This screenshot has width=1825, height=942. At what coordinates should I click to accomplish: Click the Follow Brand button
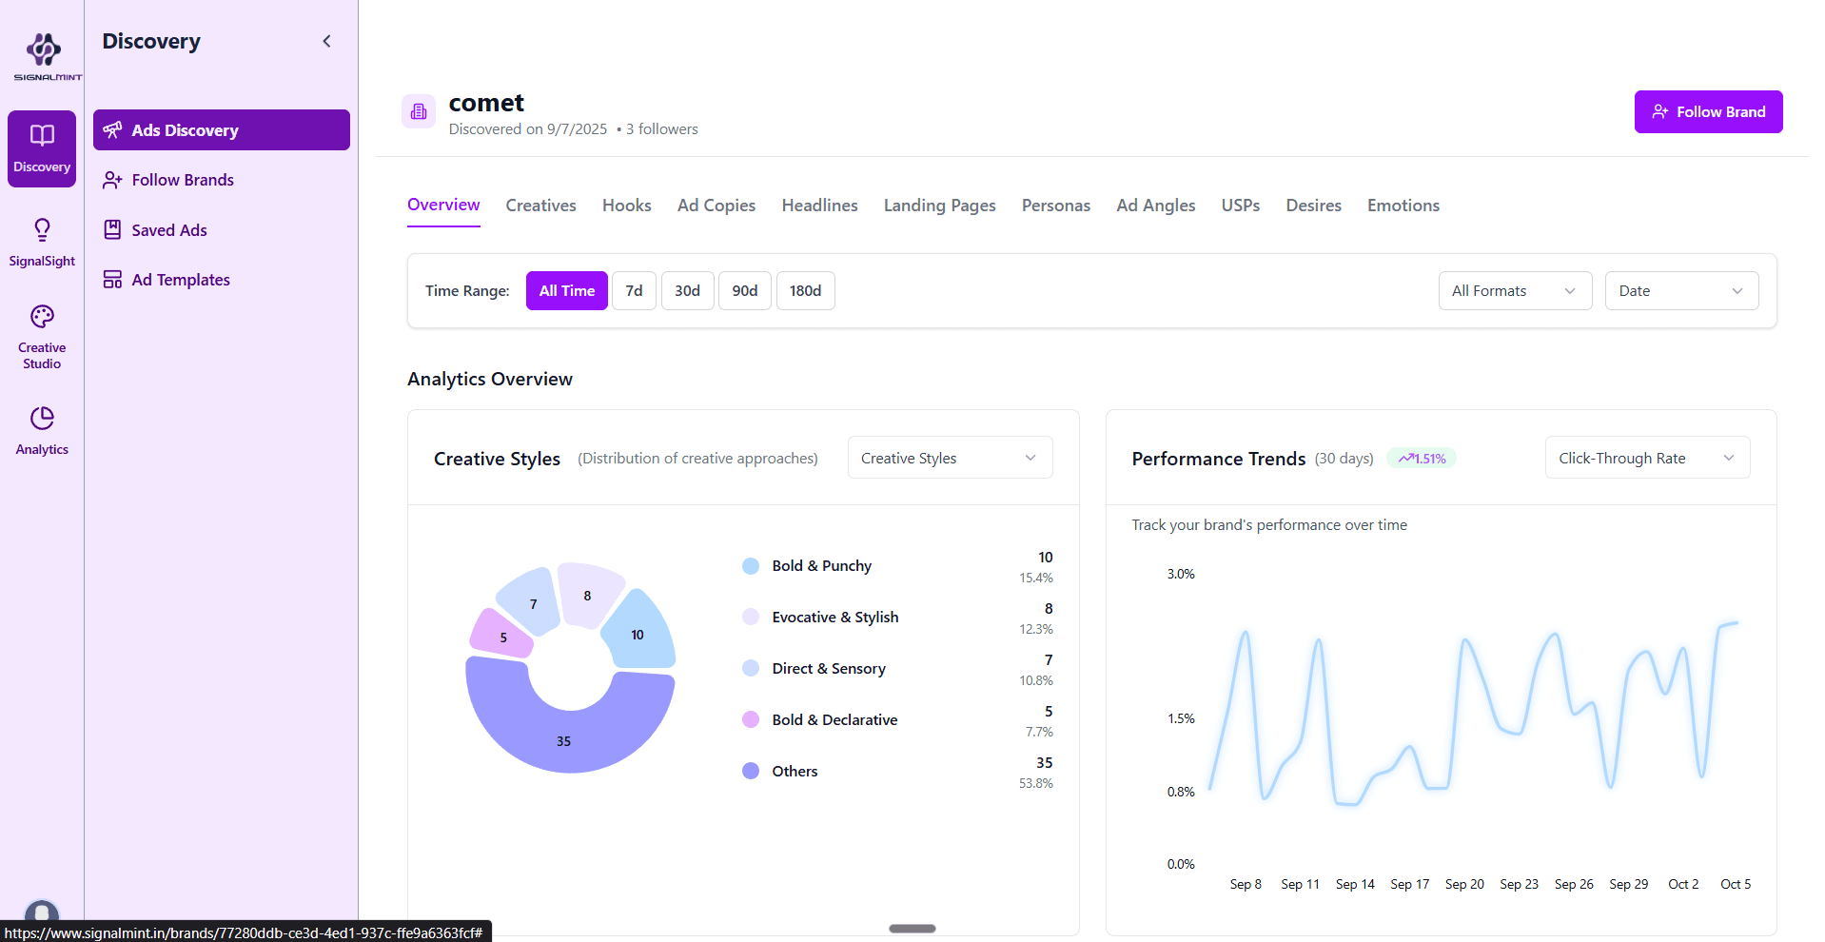pyautogui.click(x=1708, y=112)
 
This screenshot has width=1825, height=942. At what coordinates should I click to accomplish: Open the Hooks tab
pyautogui.click(x=626, y=206)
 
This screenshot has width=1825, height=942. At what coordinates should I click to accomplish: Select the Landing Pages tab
pyautogui.click(x=939, y=206)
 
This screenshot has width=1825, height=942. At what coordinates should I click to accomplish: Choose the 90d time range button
pyautogui.click(x=744, y=291)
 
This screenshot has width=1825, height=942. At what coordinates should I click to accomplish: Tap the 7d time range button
pyautogui.click(x=634, y=291)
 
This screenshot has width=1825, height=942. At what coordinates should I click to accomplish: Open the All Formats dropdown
pyautogui.click(x=1514, y=291)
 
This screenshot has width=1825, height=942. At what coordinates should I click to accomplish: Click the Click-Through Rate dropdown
pyautogui.click(x=1646, y=459)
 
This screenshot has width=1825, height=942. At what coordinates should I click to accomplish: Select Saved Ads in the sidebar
pyautogui.click(x=168, y=230)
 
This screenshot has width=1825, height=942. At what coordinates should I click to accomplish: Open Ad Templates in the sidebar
pyautogui.click(x=180, y=280)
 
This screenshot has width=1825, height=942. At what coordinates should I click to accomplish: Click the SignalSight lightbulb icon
pyautogui.click(x=42, y=230)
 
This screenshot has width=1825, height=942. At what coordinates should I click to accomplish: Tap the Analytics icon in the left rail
pyautogui.click(x=42, y=419)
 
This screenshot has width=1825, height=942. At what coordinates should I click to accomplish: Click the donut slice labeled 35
pyautogui.click(x=563, y=737)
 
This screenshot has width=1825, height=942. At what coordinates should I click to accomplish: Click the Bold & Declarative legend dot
pyautogui.click(x=751, y=720)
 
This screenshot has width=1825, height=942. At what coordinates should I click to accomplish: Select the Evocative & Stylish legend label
pyautogui.click(x=834, y=618)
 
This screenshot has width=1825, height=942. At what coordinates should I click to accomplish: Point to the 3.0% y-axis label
pyautogui.click(x=1180, y=575)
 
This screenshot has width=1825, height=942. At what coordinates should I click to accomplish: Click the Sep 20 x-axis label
pyautogui.click(x=1463, y=885)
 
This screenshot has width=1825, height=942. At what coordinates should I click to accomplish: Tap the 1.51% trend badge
pyautogui.click(x=1422, y=459)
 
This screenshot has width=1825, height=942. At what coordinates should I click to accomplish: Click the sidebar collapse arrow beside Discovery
pyautogui.click(x=326, y=41)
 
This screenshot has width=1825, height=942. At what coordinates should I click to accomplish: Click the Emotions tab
pyautogui.click(x=1403, y=206)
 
